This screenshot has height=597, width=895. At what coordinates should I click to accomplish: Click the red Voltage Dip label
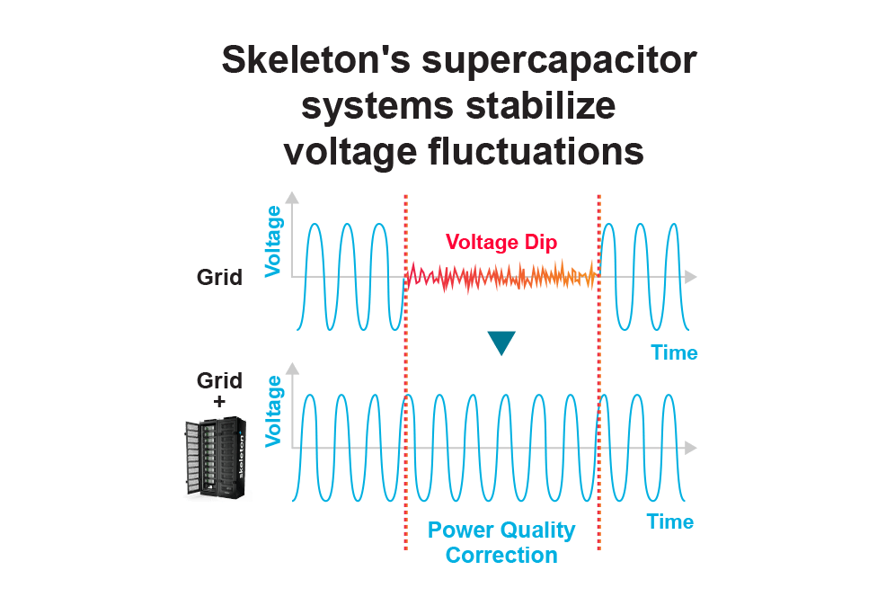[501, 242]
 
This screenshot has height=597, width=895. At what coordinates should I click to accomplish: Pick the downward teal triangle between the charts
[501, 343]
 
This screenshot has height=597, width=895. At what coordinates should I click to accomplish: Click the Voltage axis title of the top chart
[273, 241]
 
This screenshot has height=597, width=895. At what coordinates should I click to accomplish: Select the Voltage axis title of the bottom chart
[273, 411]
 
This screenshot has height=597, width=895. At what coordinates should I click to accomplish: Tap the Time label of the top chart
[674, 352]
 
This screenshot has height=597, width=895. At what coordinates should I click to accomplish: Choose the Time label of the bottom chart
[670, 521]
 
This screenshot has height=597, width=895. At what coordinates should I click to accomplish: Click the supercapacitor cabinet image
[217, 459]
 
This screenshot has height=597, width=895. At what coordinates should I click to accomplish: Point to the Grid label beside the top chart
[219, 277]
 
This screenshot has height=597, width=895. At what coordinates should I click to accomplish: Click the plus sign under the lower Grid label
[219, 402]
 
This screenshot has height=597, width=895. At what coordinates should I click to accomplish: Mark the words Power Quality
[501, 530]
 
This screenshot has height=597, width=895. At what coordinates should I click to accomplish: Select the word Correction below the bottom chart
[501, 555]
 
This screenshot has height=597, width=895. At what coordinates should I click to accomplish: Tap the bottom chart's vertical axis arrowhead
[292, 368]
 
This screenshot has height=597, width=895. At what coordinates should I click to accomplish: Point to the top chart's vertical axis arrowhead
[292, 198]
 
